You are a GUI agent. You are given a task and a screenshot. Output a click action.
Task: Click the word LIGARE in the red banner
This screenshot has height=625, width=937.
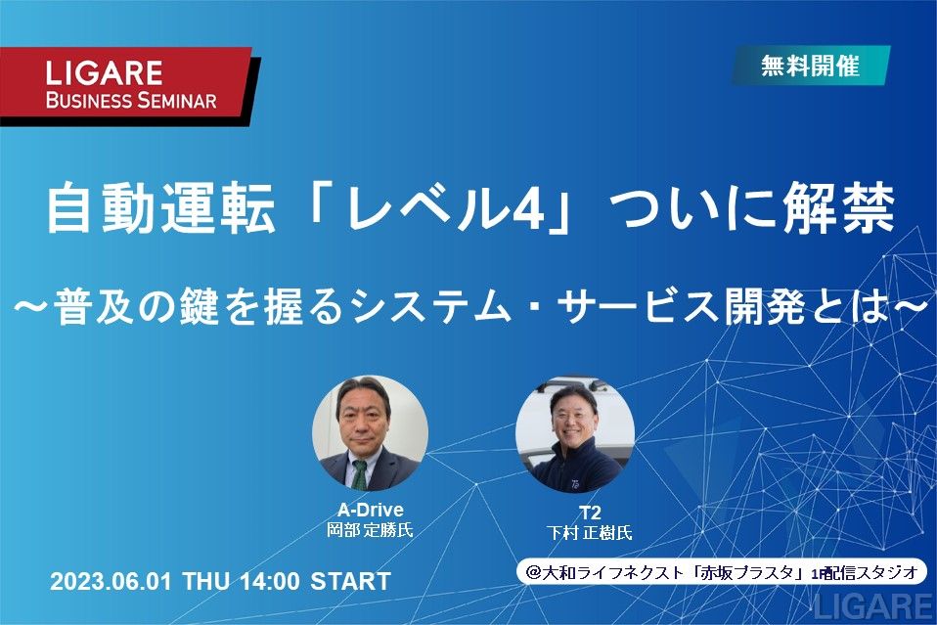[x=104, y=72]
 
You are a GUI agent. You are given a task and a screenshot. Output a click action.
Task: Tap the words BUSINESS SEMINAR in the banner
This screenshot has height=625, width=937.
[x=131, y=100]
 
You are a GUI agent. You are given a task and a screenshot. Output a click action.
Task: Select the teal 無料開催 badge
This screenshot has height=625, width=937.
[x=810, y=66]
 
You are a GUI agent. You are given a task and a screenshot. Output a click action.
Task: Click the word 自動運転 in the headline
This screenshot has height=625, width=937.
[x=160, y=208]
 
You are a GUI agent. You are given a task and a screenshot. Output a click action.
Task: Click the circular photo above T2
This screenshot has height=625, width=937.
[x=575, y=435]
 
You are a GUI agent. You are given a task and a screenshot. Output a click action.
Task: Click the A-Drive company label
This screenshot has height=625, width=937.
[x=371, y=510]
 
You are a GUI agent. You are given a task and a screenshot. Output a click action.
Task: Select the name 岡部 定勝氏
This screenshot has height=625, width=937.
[x=370, y=530]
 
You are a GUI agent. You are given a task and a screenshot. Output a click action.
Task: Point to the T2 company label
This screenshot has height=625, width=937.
[x=589, y=513]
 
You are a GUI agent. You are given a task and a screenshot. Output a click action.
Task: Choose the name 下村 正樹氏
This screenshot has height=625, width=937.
[x=589, y=532]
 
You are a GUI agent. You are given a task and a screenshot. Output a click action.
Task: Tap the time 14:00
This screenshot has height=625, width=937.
[x=270, y=581]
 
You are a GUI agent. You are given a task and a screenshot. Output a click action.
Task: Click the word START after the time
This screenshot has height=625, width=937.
[x=351, y=581]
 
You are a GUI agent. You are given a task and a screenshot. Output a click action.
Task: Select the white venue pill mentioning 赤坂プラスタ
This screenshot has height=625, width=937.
[x=721, y=573]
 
